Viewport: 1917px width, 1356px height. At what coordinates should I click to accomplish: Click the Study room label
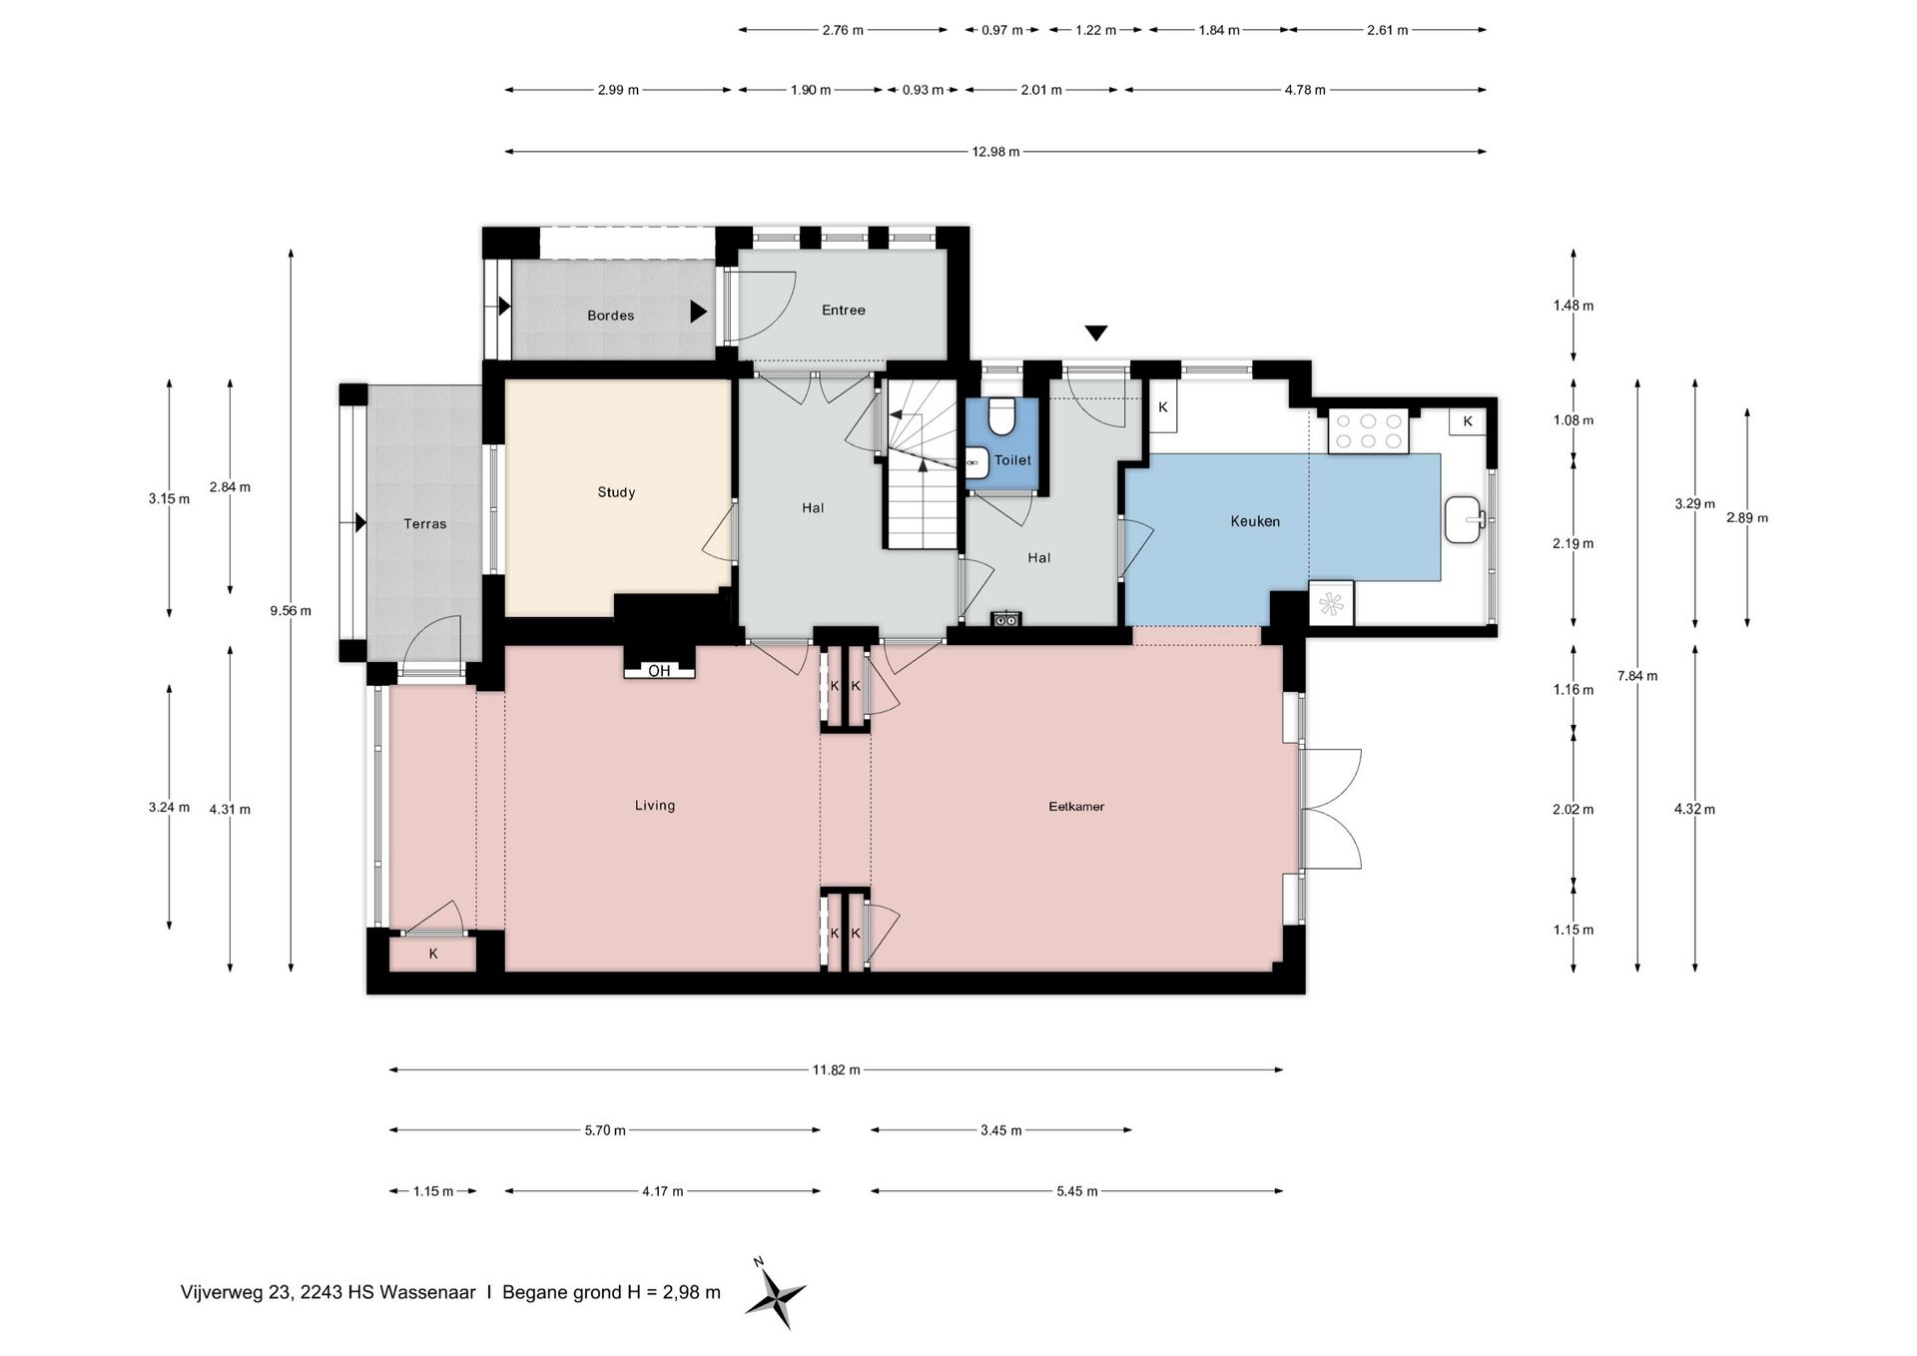point(616,492)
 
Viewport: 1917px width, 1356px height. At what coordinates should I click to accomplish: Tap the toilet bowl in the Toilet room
point(1000,416)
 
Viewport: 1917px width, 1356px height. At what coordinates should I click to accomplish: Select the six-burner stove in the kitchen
point(1368,431)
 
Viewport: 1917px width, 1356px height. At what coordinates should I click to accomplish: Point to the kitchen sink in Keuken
point(1465,519)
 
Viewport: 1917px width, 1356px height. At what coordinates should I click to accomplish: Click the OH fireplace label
point(659,671)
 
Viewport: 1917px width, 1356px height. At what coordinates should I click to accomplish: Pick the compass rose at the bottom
point(776,1295)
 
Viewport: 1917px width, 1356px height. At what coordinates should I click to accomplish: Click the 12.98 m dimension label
point(995,152)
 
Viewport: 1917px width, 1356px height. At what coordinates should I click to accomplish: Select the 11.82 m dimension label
point(836,1069)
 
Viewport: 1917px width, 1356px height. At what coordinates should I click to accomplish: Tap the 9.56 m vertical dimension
point(291,610)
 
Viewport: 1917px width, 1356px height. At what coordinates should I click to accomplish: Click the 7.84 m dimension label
point(1637,676)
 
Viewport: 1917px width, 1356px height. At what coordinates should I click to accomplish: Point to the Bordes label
point(611,316)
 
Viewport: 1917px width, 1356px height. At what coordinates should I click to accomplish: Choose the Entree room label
point(844,311)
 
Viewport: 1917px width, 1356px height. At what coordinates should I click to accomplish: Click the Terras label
point(425,523)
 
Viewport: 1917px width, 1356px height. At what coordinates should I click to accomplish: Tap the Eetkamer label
point(1076,807)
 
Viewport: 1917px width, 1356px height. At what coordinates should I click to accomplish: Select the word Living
point(655,806)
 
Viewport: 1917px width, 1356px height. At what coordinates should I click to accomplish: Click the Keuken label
point(1255,521)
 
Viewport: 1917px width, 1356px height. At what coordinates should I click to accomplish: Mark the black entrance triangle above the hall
point(1096,334)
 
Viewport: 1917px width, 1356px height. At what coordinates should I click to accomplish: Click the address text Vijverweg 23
point(237,1292)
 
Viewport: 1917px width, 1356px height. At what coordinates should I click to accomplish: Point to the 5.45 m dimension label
point(1077,1191)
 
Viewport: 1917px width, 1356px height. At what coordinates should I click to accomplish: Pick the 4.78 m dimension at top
point(1305,90)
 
